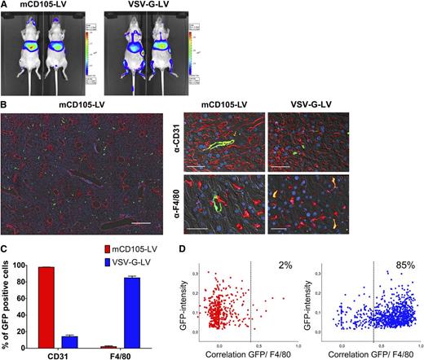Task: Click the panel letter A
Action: point(5,6)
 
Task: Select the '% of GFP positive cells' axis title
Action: point(7,301)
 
